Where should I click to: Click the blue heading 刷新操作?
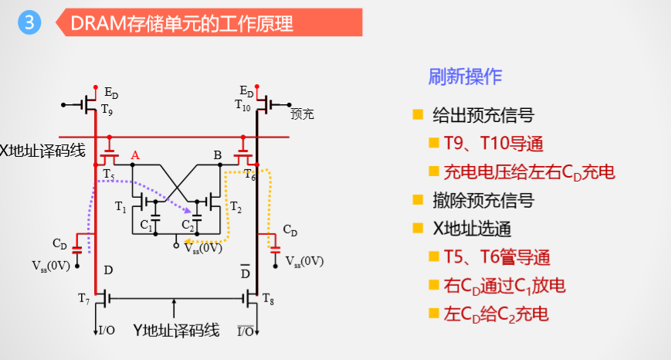click(465, 76)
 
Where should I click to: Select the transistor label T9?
click(107, 110)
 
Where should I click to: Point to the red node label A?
click(135, 155)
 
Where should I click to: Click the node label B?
click(218, 155)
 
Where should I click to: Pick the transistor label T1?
click(120, 206)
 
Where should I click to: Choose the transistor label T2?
click(236, 206)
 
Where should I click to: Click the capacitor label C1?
click(146, 225)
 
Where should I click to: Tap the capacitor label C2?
click(188, 225)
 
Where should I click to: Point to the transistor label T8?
click(268, 297)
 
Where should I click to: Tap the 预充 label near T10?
click(302, 114)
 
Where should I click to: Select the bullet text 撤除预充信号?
click(483, 200)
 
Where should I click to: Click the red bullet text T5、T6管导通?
click(500, 257)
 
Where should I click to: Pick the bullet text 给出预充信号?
click(483, 116)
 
